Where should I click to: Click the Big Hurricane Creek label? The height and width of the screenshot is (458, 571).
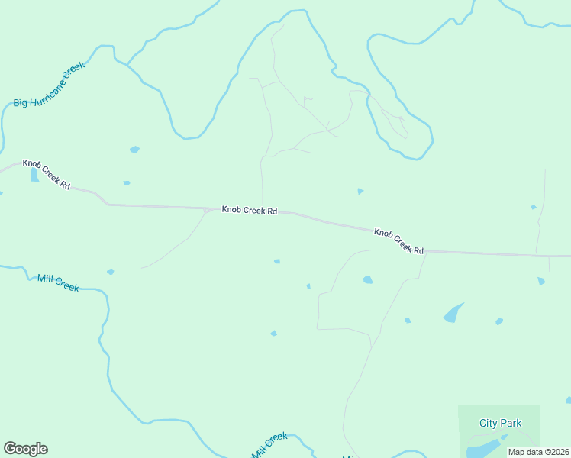pyautogui.click(x=48, y=85)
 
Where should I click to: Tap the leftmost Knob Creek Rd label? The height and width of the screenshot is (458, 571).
pyautogui.click(x=47, y=175)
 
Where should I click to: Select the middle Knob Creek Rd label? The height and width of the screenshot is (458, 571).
pyautogui.click(x=249, y=210)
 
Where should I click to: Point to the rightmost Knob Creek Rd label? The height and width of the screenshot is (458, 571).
pyautogui.click(x=398, y=240)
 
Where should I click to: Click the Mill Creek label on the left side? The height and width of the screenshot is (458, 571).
pyautogui.click(x=58, y=282)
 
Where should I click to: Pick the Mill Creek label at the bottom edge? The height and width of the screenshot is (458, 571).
pyautogui.click(x=270, y=445)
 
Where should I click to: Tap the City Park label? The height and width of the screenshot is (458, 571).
pyautogui.click(x=500, y=423)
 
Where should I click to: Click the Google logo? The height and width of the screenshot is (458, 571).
pyautogui.click(x=25, y=449)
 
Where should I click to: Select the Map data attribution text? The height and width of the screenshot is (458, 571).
pyautogui.click(x=538, y=452)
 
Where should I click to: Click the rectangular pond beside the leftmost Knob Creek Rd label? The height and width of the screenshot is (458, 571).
pyautogui.click(x=34, y=176)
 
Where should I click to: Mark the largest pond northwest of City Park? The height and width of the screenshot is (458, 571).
pyautogui.click(x=453, y=313)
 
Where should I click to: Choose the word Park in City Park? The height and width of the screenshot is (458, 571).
pyautogui.click(x=511, y=423)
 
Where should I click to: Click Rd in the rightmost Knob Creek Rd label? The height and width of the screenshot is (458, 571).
pyautogui.click(x=418, y=250)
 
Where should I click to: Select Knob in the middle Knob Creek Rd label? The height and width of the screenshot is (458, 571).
pyautogui.click(x=231, y=209)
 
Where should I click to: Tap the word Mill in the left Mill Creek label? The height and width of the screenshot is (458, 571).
pyautogui.click(x=45, y=279)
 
